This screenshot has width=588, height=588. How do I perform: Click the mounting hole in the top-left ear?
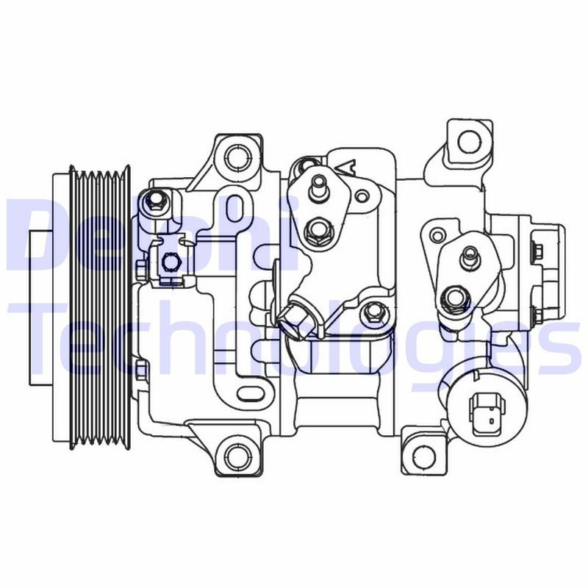click(x=235, y=157)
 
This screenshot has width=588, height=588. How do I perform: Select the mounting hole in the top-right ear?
click(x=467, y=140)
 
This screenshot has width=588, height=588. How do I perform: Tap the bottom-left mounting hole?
click(x=234, y=450)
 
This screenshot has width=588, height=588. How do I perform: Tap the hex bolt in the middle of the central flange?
click(x=317, y=232)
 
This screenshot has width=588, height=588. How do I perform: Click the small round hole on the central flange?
click(x=362, y=196)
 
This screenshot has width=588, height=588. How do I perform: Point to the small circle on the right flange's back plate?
click(x=437, y=235)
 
